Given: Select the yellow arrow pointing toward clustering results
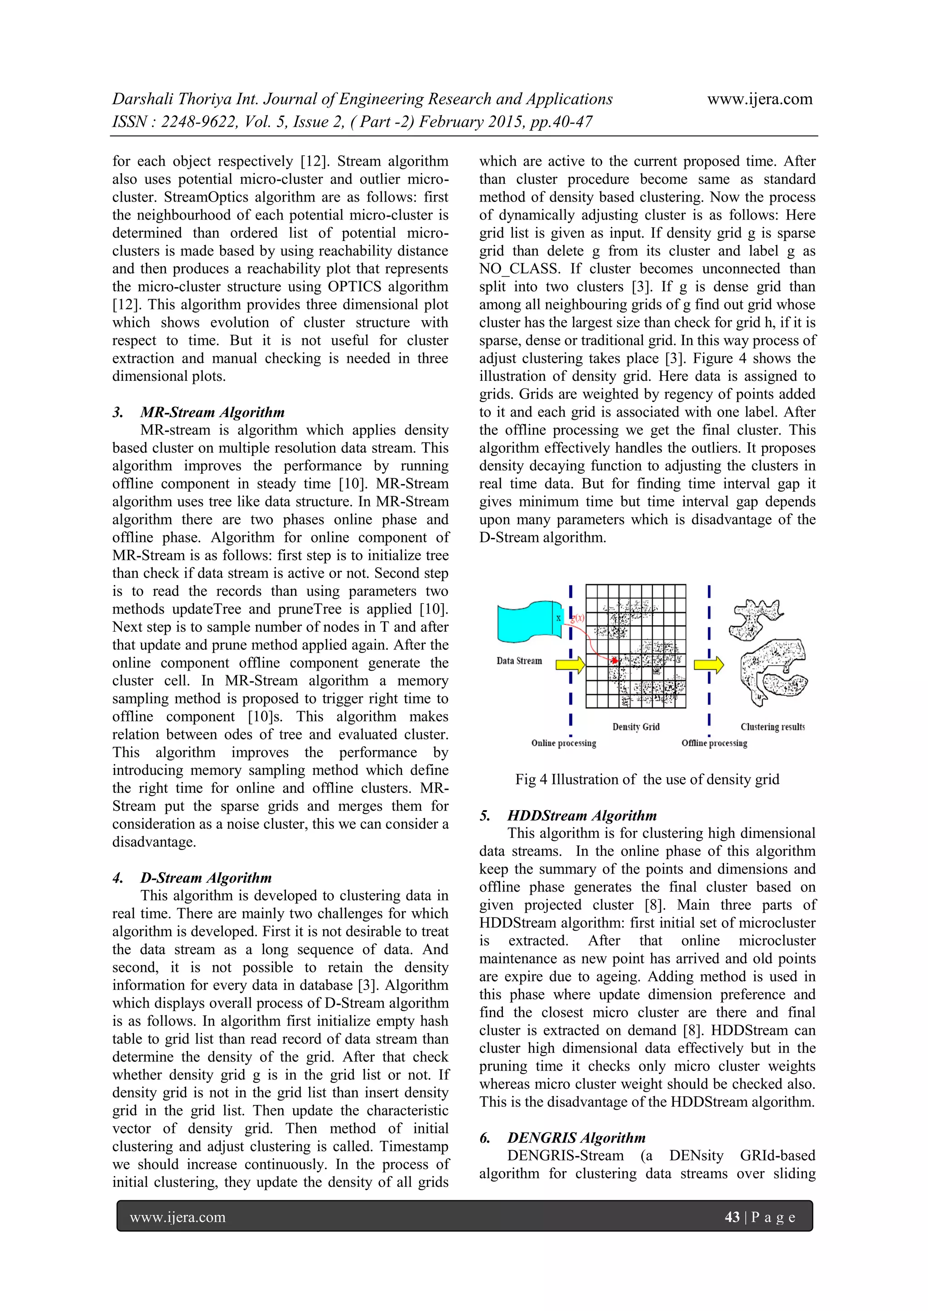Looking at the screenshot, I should pyautogui.click(x=709, y=664).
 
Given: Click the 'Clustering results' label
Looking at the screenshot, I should pyautogui.click(x=773, y=727).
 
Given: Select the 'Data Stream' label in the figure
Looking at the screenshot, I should pyautogui.click(x=519, y=661).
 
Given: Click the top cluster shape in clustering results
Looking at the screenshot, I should pyautogui.click(x=754, y=619).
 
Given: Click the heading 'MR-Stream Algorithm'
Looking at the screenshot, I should pyautogui.click(x=212, y=412).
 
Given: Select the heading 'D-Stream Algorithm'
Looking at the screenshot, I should pyautogui.click(x=206, y=878).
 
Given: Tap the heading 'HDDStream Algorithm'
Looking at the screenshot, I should pyautogui.click(x=582, y=816).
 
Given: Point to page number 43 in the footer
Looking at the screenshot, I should pyautogui.click(x=732, y=1217).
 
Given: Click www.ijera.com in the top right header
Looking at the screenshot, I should pyautogui.click(x=759, y=99).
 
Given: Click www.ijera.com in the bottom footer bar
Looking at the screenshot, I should pyautogui.click(x=178, y=1217).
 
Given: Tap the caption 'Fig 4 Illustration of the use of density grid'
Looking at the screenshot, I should pyautogui.click(x=647, y=779).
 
